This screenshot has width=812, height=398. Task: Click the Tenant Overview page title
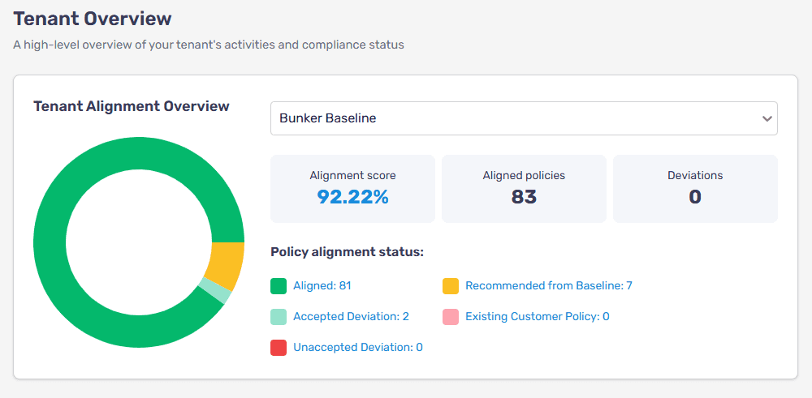pyautogui.click(x=93, y=18)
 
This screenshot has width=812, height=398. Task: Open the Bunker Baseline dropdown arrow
pyautogui.click(x=767, y=118)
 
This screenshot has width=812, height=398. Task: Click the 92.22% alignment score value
pyautogui.click(x=352, y=197)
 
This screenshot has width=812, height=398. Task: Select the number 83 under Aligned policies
pyautogui.click(x=524, y=197)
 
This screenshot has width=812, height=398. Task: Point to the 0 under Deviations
pyautogui.click(x=695, y=197)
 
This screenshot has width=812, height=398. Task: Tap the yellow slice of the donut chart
pyautogui.click(x=227, y=266)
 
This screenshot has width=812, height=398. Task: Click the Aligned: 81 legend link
pyautogui.click(x=322, y=285)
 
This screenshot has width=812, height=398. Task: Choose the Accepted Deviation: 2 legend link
pyautogui.click(x=351, y=316)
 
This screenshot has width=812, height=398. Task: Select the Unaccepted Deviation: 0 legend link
pyautogui.click(x=357, y=347)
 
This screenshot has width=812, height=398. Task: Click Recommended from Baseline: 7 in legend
pyautogui.click(x=548, y=285)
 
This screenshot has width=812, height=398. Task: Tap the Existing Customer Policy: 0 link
pyautogui.click(x=537, y=316)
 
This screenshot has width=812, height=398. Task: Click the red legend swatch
pyautogui.click(x=279, y=347)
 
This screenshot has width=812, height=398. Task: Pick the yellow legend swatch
pyautogui.click(x=451, y=285)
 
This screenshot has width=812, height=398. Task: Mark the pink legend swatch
pyautogui.click(x=451, y=316)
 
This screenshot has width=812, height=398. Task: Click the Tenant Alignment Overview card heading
pyautogui.click(x=132, y=106)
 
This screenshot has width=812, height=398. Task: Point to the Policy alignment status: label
pyautogui.click(x=347, y=252)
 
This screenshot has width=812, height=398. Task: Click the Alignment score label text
pyautogui.click(x=352, y=175)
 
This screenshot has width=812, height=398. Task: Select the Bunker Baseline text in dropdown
pyautogui.click(x=327, y=118)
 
